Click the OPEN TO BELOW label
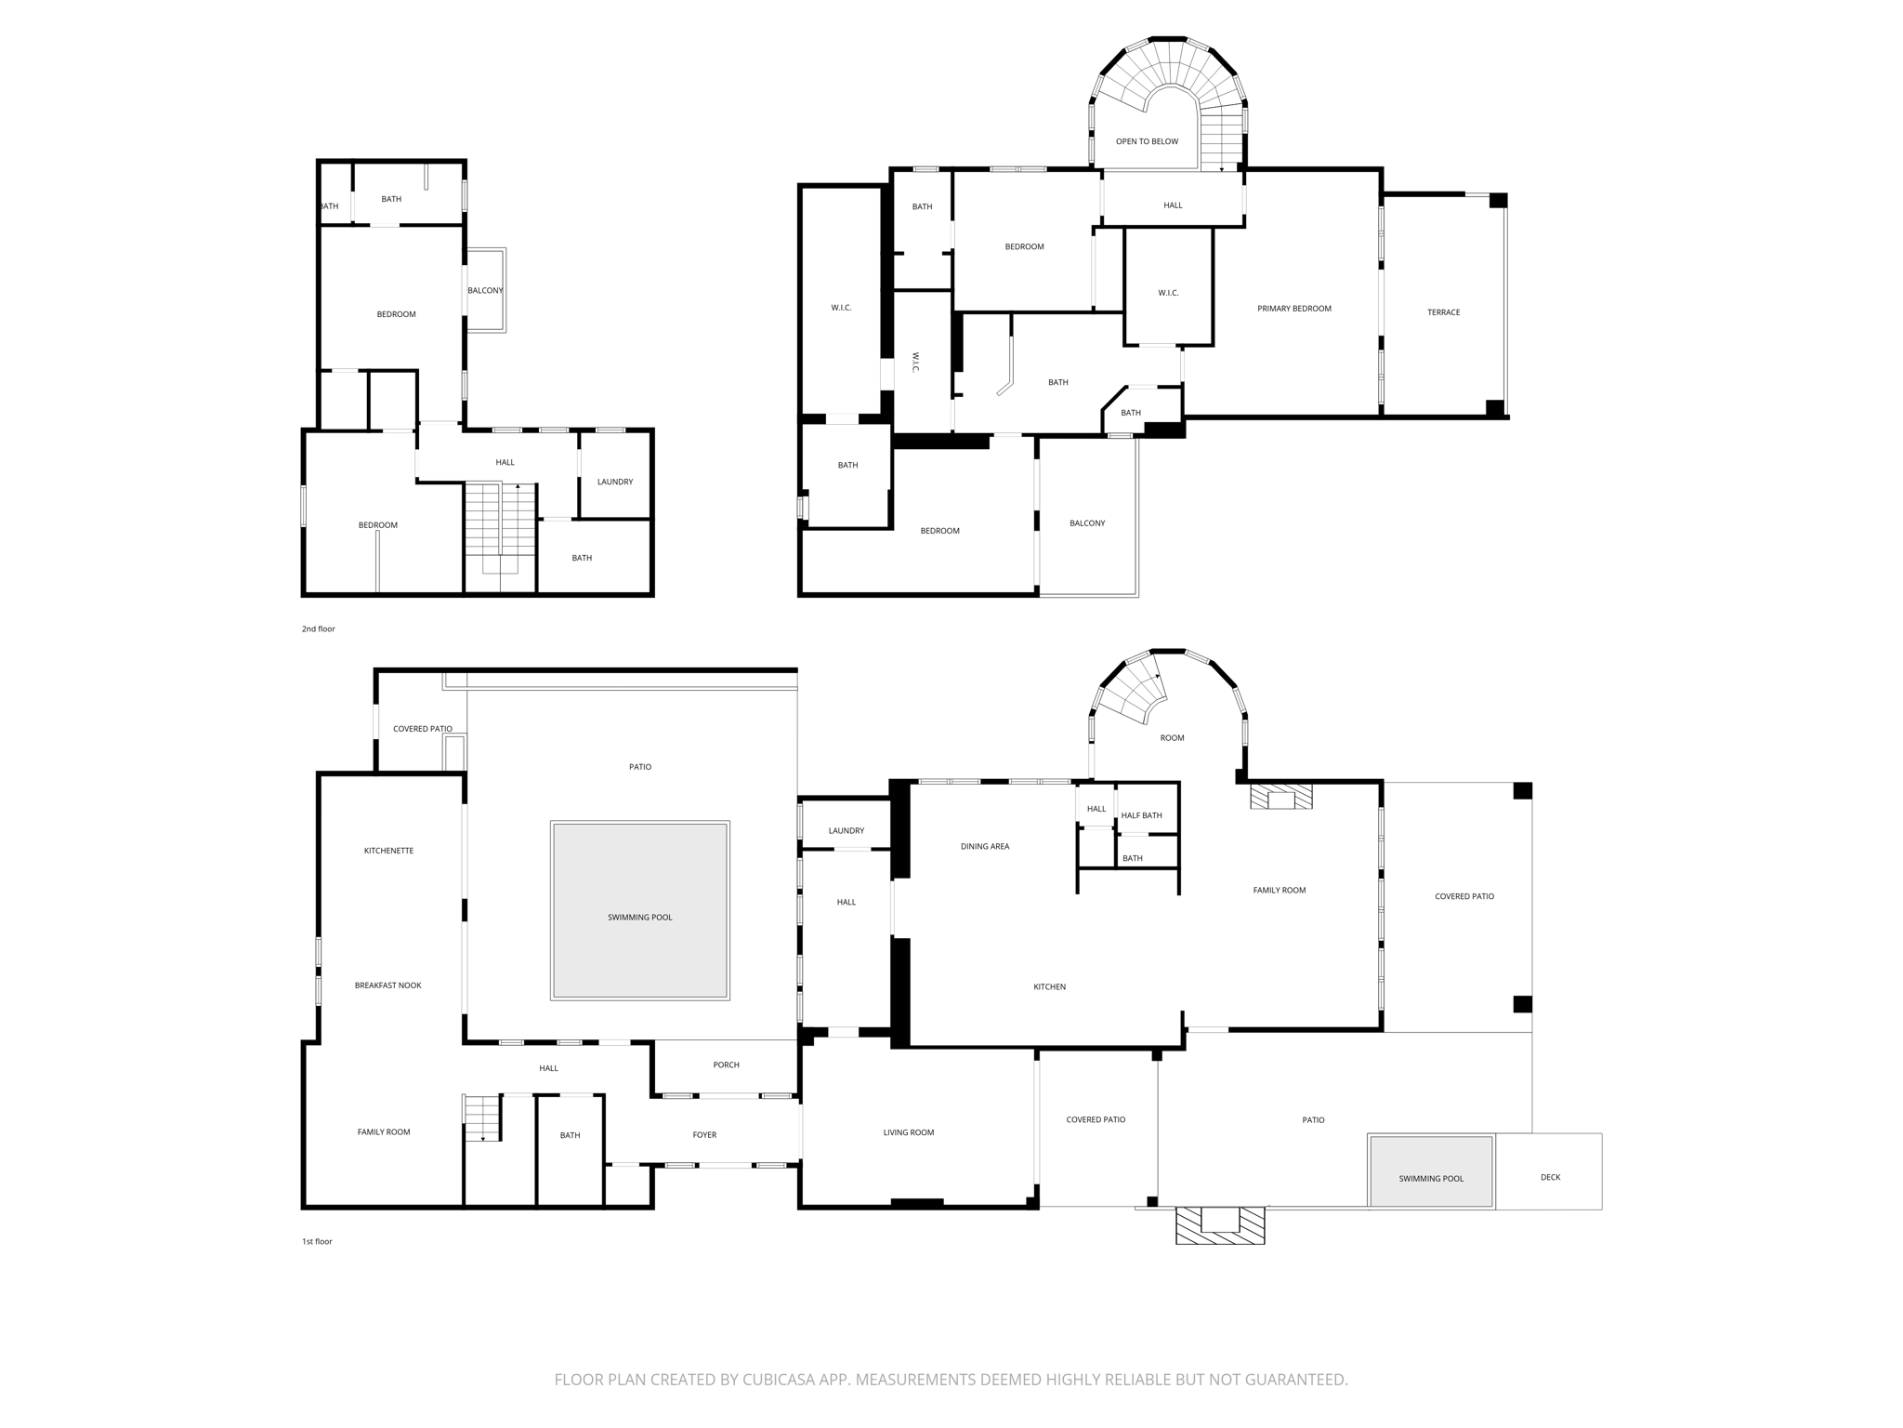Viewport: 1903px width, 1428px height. click(1147, 141)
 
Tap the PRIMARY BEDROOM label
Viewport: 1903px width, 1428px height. click(1293, 309)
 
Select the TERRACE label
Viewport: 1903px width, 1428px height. click(1443, 312)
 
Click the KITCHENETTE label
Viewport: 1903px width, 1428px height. click(388, 851)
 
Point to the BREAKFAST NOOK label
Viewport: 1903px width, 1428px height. click(387, 985)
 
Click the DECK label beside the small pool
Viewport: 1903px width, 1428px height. click(1550, 1177)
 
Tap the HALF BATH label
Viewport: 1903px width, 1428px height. click(1141, 815)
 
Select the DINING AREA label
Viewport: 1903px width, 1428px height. click(984, 847)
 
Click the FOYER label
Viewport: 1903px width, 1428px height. click(704, 1135)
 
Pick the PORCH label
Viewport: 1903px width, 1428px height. click(726, 1065)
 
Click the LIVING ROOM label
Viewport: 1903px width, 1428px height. click(908, 1132)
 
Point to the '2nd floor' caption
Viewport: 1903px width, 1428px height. click(318, 629)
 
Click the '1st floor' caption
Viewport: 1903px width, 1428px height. click(317, 1242)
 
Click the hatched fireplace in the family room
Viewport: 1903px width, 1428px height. click(1280, 797)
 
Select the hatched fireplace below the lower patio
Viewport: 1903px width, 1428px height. click(1220, 1225)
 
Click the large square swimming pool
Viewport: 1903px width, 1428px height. click(639, 910)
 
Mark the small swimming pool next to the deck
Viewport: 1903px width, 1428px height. click(1430, 1170)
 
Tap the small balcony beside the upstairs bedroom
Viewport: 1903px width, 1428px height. click(485, 290)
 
